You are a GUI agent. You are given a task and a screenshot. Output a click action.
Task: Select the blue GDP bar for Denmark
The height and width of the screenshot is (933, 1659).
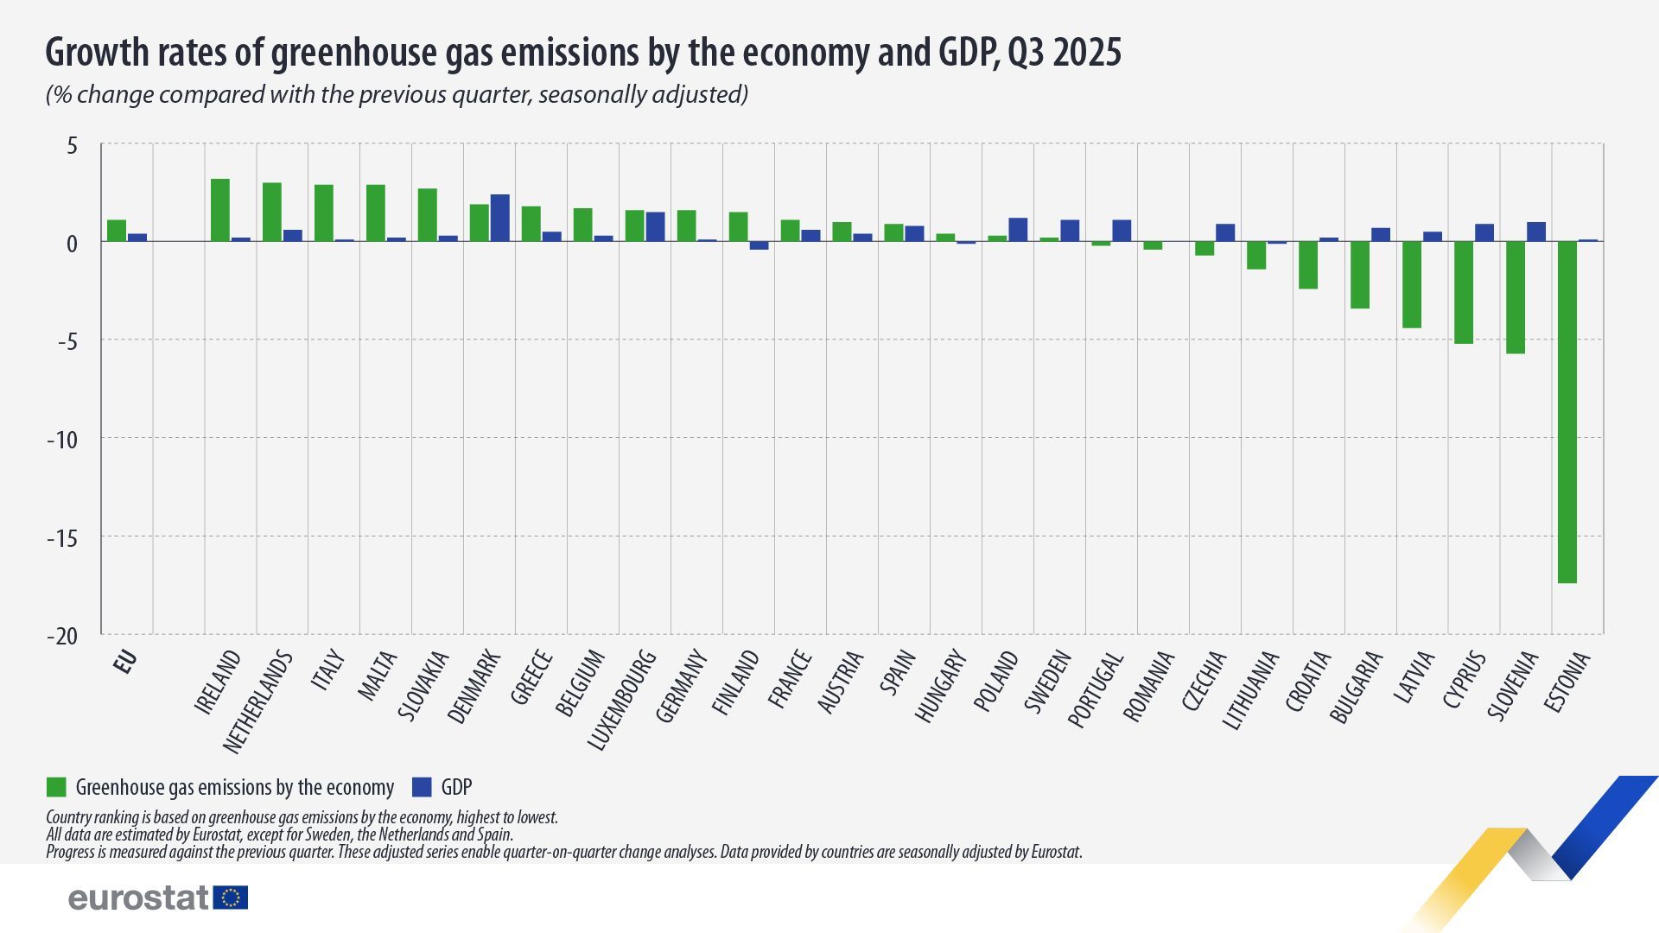pyautogui.click(x=499, y=218)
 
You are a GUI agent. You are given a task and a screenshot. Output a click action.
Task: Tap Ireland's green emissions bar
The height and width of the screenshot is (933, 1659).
pyautogui.click(x=220, y=210)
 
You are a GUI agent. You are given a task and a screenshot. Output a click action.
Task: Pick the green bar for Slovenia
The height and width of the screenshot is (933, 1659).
pyautogui.click(x=1515, y=297)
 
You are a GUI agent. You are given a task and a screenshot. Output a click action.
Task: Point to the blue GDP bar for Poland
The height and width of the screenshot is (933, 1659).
pyautogui.click(x=1018, y=230)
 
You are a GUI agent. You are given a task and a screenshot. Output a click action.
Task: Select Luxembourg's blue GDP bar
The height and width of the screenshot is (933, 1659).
pyautogui.click(x=655, y=226)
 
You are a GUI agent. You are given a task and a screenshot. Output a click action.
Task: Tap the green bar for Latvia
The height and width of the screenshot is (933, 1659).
pyautogui.click(x=1411, y=284)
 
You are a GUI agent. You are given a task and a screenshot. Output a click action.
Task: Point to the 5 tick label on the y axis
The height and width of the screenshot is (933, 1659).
pyautogui.click(x=72, y=146)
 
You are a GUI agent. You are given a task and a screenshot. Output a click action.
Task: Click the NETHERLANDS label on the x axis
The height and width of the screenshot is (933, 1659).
pyautogui.click(x=257, y=702)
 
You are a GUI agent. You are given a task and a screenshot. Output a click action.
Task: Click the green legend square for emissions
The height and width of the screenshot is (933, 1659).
pyautogui.click(x=56, y=787)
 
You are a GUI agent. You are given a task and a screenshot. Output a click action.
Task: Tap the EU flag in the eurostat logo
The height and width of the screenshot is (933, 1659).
pyautogui.click(x=231, y=898)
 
